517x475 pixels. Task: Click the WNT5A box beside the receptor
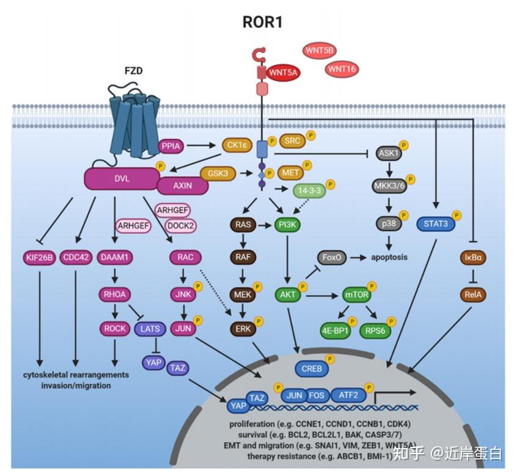(x=283, y=73)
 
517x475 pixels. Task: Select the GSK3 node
(x=222, y=174)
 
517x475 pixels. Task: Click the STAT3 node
(x=435, y=224)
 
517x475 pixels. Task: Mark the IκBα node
(x=473, y=258)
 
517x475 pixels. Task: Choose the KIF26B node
(x=39, y=258)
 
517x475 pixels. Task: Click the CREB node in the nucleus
(x=312, y=368)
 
